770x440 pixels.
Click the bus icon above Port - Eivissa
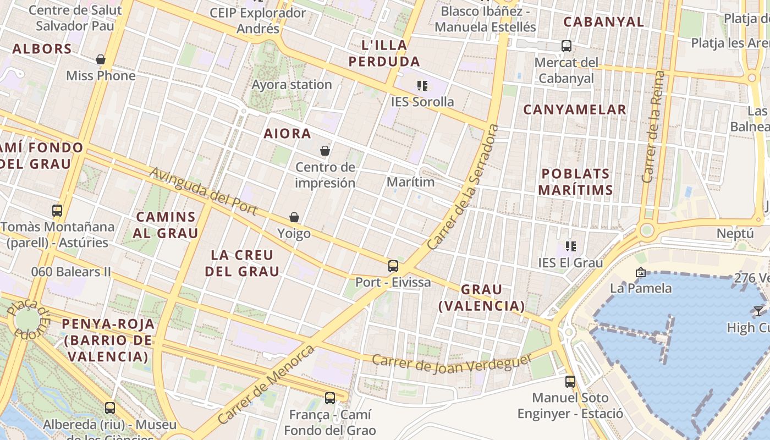pyautogui.click(x=393, y=266)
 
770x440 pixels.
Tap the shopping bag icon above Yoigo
pyautogui.click(x=294, y=218)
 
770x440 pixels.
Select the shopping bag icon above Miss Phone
pyautogui.click(x=101, y=59)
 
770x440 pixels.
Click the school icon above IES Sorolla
pyautogui.click(x=422, y=86)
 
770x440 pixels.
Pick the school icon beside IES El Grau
pyautogui.click(x=571, y=246)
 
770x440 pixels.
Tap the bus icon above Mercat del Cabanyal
pyautogui.click(x=566, y=46)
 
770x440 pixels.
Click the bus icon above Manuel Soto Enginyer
pyautogui.click(x=570, y=381)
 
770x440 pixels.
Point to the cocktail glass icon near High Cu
pyautogui.click(x=758, y=311)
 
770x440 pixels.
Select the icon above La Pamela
pyautogui.click(x=640, y=272)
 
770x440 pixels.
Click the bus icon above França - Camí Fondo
pyautogui.click(x=330, y=398)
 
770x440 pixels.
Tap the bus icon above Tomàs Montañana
pyautogui.click(x=57, y=210)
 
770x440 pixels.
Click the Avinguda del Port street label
pyautogui.click(x=204, y=191)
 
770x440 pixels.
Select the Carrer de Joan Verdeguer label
pyautogui.click(x=452, y=361)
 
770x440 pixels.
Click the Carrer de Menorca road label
pyautogui.click(x=266, y=384)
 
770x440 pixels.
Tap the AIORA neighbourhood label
pyautogui.click(x=287, y=134)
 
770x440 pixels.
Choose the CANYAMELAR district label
pyautogui.click(x=574, y=109)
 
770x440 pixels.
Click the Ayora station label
pyautogui.click(x=291, y=85)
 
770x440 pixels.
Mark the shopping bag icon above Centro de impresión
pyautogui.click(x=325, y=151)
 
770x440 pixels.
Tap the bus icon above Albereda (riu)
pyautogui.click(x=110, y=408)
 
